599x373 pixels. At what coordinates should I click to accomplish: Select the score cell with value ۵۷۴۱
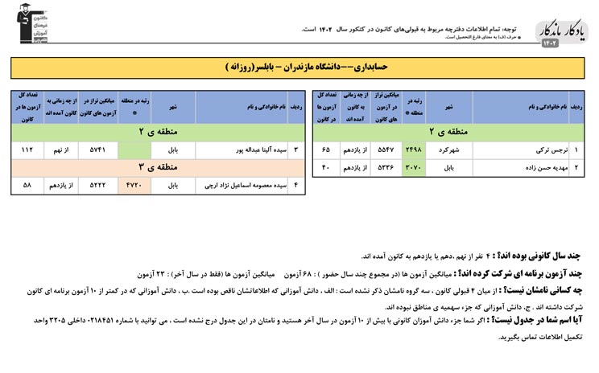point(97,150)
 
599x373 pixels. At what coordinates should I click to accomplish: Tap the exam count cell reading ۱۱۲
point(28,150)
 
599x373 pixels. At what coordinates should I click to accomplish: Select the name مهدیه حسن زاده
point(528,168)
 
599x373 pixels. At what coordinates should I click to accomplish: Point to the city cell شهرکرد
point(449,150)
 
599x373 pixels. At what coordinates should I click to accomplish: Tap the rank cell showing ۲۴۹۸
point(412,150)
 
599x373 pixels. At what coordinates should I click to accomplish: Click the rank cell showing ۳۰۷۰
point(412,168)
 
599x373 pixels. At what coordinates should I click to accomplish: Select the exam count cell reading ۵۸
point(28,186)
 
